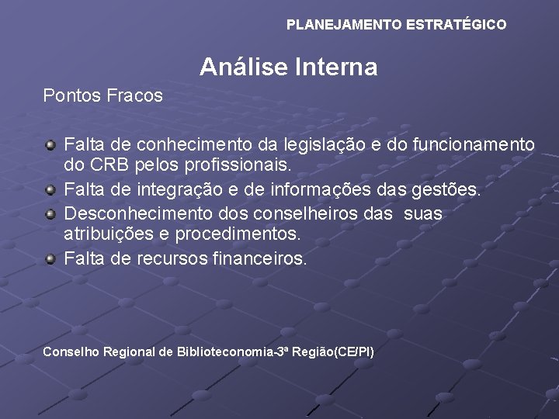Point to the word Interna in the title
[x=337, y=68]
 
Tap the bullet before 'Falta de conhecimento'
[x=50, y=144]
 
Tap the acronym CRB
[x=106, y=166]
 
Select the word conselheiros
[x=301, y=213]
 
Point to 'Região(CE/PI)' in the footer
[x=339, y=352]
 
